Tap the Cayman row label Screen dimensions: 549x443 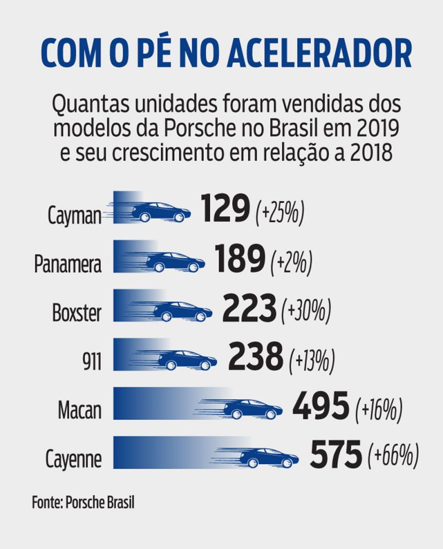coord(74,216)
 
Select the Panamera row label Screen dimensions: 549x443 coord(68,264)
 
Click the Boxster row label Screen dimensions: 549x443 coord(76,313)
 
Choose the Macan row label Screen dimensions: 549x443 coord(79,411)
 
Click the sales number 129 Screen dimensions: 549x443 coord(226,209)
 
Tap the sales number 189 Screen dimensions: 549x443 coord(240,258)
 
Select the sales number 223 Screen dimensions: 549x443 coord(249,308)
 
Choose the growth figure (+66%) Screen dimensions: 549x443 coord(393,457)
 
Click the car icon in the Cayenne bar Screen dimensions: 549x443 coord(269,458)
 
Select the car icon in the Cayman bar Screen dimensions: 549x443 coord(161,212)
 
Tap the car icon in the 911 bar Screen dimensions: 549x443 coord(187,360)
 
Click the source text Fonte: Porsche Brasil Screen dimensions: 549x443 coord(83,503)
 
